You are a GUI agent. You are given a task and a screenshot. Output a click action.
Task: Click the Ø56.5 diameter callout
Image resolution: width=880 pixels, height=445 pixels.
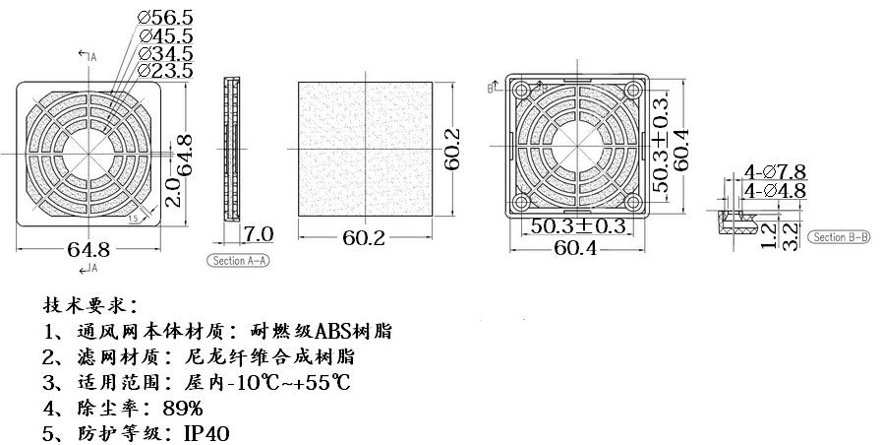click(166, 17)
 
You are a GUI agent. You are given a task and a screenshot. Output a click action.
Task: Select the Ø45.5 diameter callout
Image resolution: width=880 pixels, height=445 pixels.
click(166, 35)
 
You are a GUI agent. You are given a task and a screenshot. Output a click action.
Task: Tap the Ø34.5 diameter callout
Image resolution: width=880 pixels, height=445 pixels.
click(166, 53)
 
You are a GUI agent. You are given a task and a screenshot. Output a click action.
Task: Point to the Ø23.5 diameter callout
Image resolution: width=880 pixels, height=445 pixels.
click(166, 71)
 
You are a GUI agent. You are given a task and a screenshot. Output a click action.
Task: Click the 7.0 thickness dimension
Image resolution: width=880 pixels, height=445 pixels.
click(259, 234)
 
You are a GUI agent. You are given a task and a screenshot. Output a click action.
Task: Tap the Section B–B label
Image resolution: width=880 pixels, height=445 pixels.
click(839, 237)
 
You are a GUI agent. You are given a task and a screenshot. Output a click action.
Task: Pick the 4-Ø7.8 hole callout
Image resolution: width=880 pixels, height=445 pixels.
click(777, 171)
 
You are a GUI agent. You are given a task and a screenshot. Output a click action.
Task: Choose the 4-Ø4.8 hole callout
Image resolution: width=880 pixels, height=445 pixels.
click(777, 189)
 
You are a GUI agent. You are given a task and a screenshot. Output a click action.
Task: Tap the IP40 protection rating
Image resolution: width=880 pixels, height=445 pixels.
click(205, 433)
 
